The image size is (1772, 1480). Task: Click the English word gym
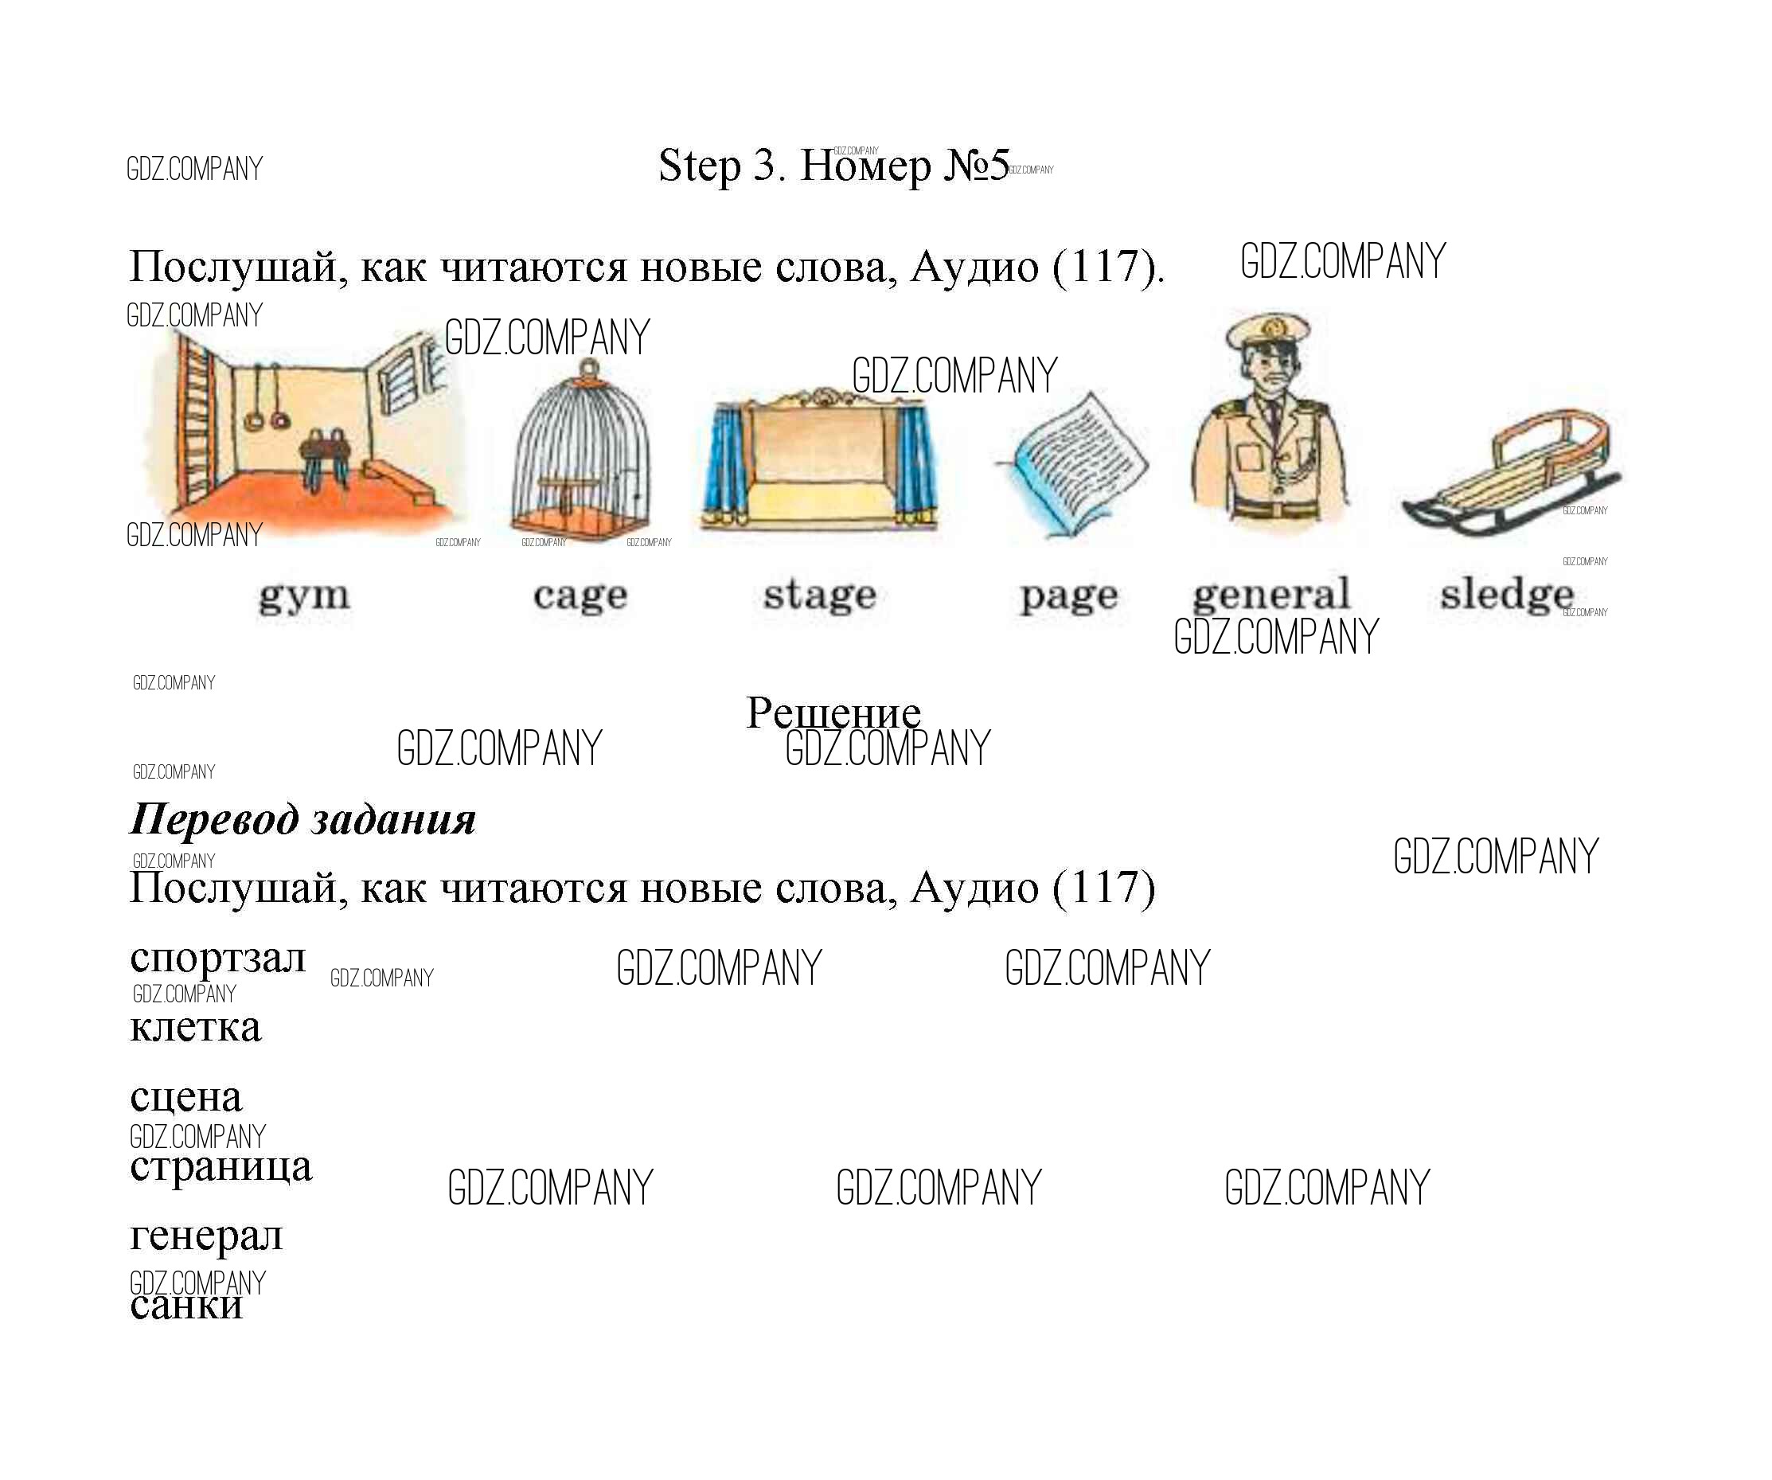point(304,598)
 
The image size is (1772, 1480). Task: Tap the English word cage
point(580,596)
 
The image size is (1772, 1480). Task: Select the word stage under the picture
point(820,594)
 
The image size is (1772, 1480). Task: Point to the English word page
point(1068,596)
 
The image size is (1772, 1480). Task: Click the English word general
point(1271,594)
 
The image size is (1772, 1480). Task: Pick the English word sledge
point(1507,595)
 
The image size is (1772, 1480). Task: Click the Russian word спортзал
point(217,959)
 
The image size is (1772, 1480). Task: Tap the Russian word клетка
point(196,1027)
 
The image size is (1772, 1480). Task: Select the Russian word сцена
point(186,1097)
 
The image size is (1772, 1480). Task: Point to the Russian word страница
point(221,1168)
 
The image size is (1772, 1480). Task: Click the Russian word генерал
point(207,1237)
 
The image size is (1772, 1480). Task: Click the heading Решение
point(833,713)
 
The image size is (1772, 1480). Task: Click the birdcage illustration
point(581,451)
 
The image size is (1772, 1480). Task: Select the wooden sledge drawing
point(1510,473)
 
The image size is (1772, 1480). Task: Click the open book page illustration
point(1072,464)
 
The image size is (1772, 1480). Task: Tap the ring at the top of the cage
point(590,368)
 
